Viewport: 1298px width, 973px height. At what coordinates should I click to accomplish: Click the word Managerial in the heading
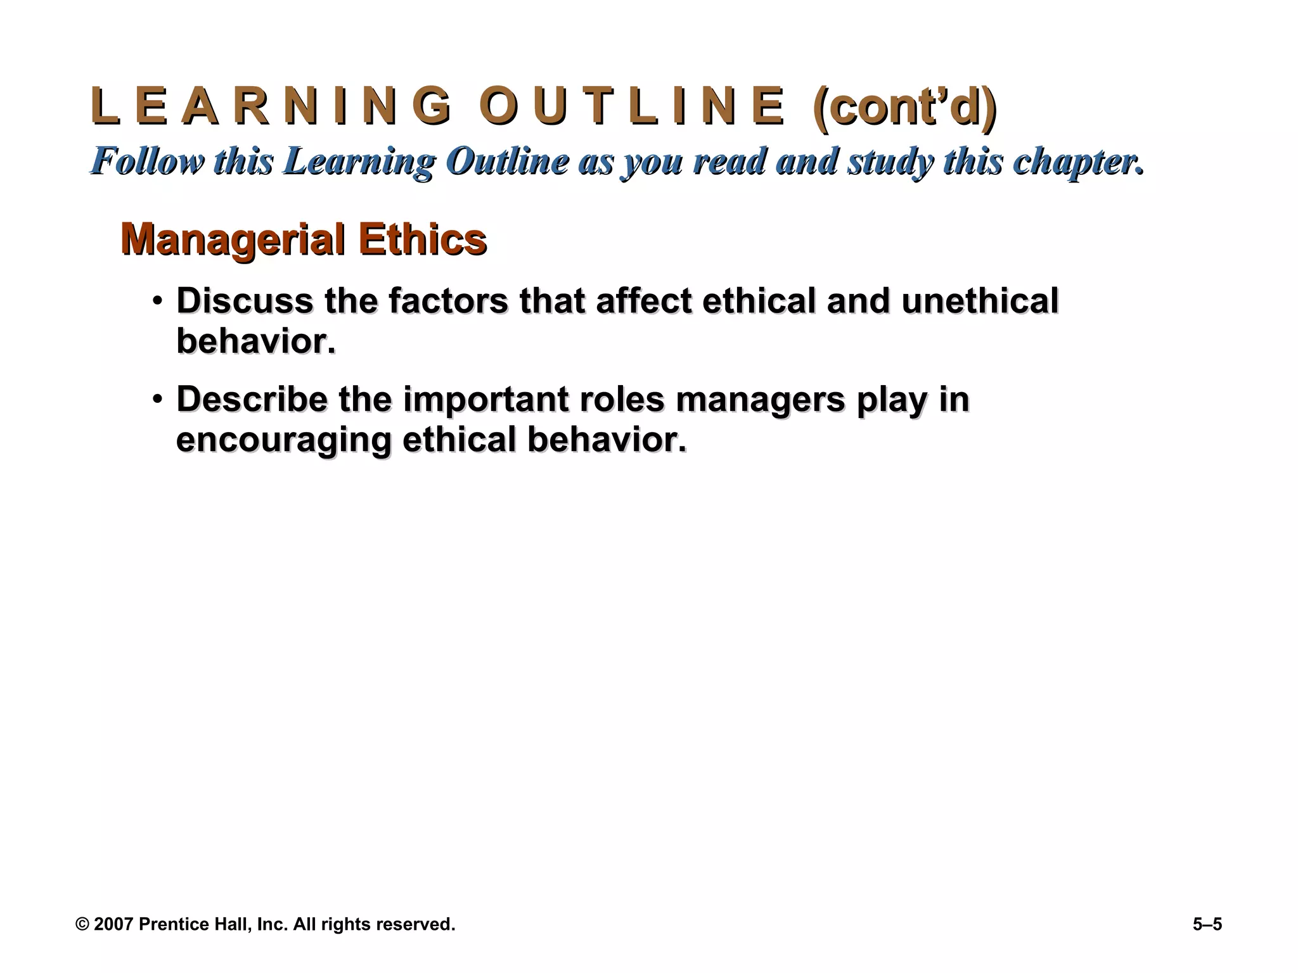pyautogui.click(x=233, y=239)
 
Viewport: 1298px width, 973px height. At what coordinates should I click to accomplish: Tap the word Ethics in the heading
pyautogui.click(x=422, y=239)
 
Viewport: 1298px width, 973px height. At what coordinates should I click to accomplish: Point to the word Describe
pyautogui.click(x=252, y=400)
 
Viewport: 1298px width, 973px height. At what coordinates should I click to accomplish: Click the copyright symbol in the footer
pyautogui.click(x=82, y=925)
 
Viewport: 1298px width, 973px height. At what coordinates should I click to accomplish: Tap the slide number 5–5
pyautogui.click(x=1207, y=925)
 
